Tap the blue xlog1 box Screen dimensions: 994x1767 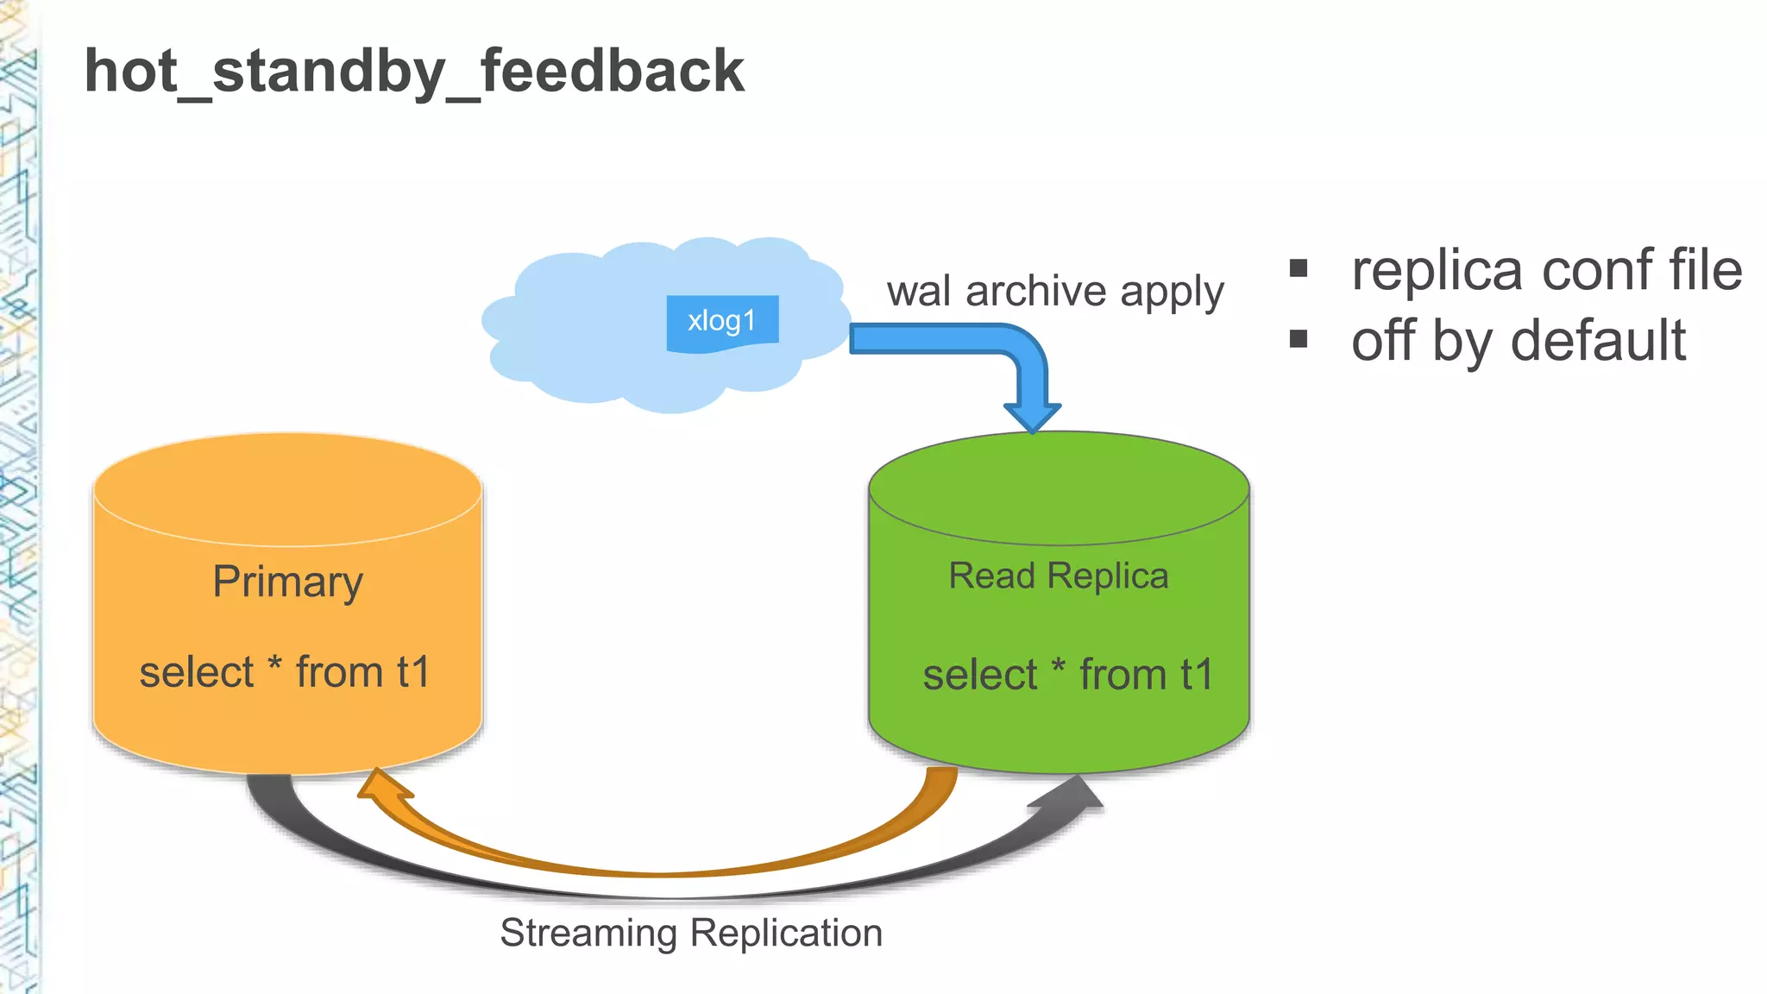click(722, 322)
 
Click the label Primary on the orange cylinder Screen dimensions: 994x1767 click(287, 582)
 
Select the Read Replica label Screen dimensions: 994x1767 click(1059, 576)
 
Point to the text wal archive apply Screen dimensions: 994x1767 click(1055, 292)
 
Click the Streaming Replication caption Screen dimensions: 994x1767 click(691, 934)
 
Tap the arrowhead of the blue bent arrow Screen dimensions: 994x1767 click(1033, 416)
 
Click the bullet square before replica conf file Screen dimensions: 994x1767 click(1299, 268)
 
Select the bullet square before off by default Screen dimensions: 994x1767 click(1299, 339)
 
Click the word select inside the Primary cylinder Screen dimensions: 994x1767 click(197, 672)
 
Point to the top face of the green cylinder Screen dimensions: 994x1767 click(1059, 488)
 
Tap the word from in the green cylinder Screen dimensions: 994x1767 click(1122, 675)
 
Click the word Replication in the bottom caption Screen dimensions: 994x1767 click(786, 934)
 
